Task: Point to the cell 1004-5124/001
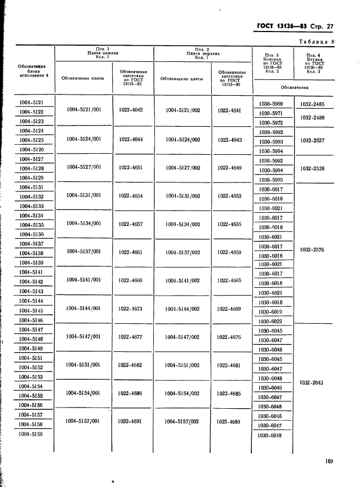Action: pyautogui.click(x=83, y=139)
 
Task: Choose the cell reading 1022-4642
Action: pyautogui.click(x=131, y=110)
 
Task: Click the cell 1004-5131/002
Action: pyautogui.click(x=183, y=196)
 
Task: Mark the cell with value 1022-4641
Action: pyautogui.click(x=230, y=110)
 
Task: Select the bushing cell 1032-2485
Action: pyautogui.click(x=312, y=104)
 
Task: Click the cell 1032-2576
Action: pyautogui.click(x=312, y=249)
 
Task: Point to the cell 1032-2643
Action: pyautogui.click(x=312, y=382)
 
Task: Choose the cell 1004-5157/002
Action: pyautogui.click(x=182, y=421)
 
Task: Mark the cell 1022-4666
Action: pyautogui.click(x=131, y=280)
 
